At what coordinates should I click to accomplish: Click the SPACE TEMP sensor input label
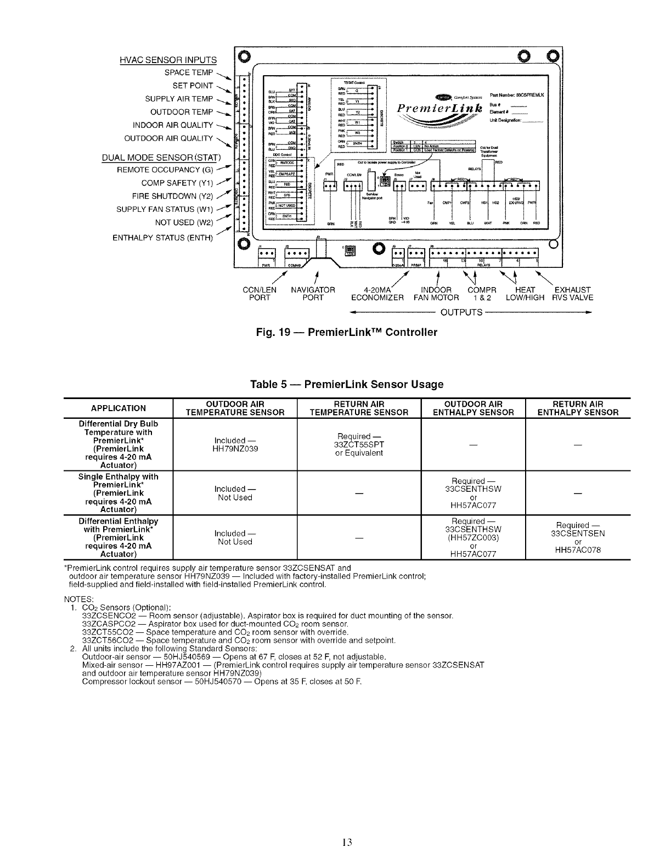pyautogui.click(x=188, y=72)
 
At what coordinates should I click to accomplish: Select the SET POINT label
pyautogui.click(x=193, y=86)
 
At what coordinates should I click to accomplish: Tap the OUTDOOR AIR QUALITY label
pyautogui.click(x=168, y=138)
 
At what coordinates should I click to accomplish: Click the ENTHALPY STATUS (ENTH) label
pyautogui.click(x=162, y=238)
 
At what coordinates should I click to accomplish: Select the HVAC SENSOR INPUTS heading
pyautogui.click(x=168, y=60)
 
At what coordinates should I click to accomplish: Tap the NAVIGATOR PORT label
pyautogui.click(x=313, y=294)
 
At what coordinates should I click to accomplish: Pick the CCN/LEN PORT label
pyautogui.click(x=260, y=294)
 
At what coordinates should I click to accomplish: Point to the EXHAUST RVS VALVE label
pyautogui.click(x=572, y=294)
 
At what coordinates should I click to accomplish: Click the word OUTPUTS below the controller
pyautogui.click(x=461, y=313)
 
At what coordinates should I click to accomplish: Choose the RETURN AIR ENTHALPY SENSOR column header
pyautogui.click(x=578, y=408)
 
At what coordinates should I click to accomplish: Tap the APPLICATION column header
pyautogui.click(x=119, y=408)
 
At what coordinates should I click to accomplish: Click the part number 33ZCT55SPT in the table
pyautogui.click(x=360, y=445)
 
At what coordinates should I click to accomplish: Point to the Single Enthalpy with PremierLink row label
pyautogui.click(x=119, y=493)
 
